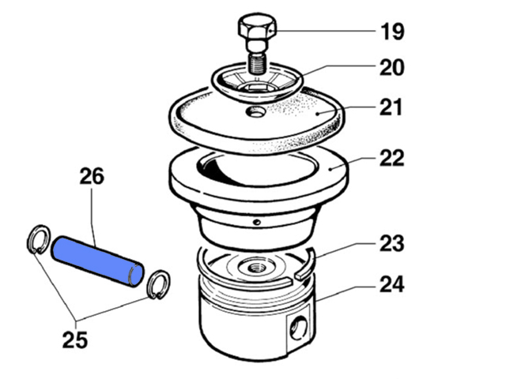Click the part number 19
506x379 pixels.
[392, 32]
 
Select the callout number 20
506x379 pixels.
[392, 67]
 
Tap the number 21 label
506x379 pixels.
[391, 107]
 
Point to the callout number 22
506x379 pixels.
[392, 158]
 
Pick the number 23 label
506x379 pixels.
[392, 243]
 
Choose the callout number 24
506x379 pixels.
[392, 284]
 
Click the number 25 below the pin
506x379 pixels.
[75, 340]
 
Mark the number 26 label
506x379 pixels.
[92, 176]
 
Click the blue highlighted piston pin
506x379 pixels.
[97, 261]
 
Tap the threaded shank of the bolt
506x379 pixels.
[257, 64]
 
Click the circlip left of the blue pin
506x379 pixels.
[39, 239]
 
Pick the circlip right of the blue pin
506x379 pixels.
[158, 284]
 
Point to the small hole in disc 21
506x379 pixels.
[255, 112]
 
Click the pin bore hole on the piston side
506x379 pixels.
[299, 328]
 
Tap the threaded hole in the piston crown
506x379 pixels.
[256, 267]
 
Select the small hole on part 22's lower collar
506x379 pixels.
[257, 222]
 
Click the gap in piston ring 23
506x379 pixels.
[295, 279]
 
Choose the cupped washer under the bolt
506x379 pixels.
[257, 82]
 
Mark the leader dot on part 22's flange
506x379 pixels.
[330, 168]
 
